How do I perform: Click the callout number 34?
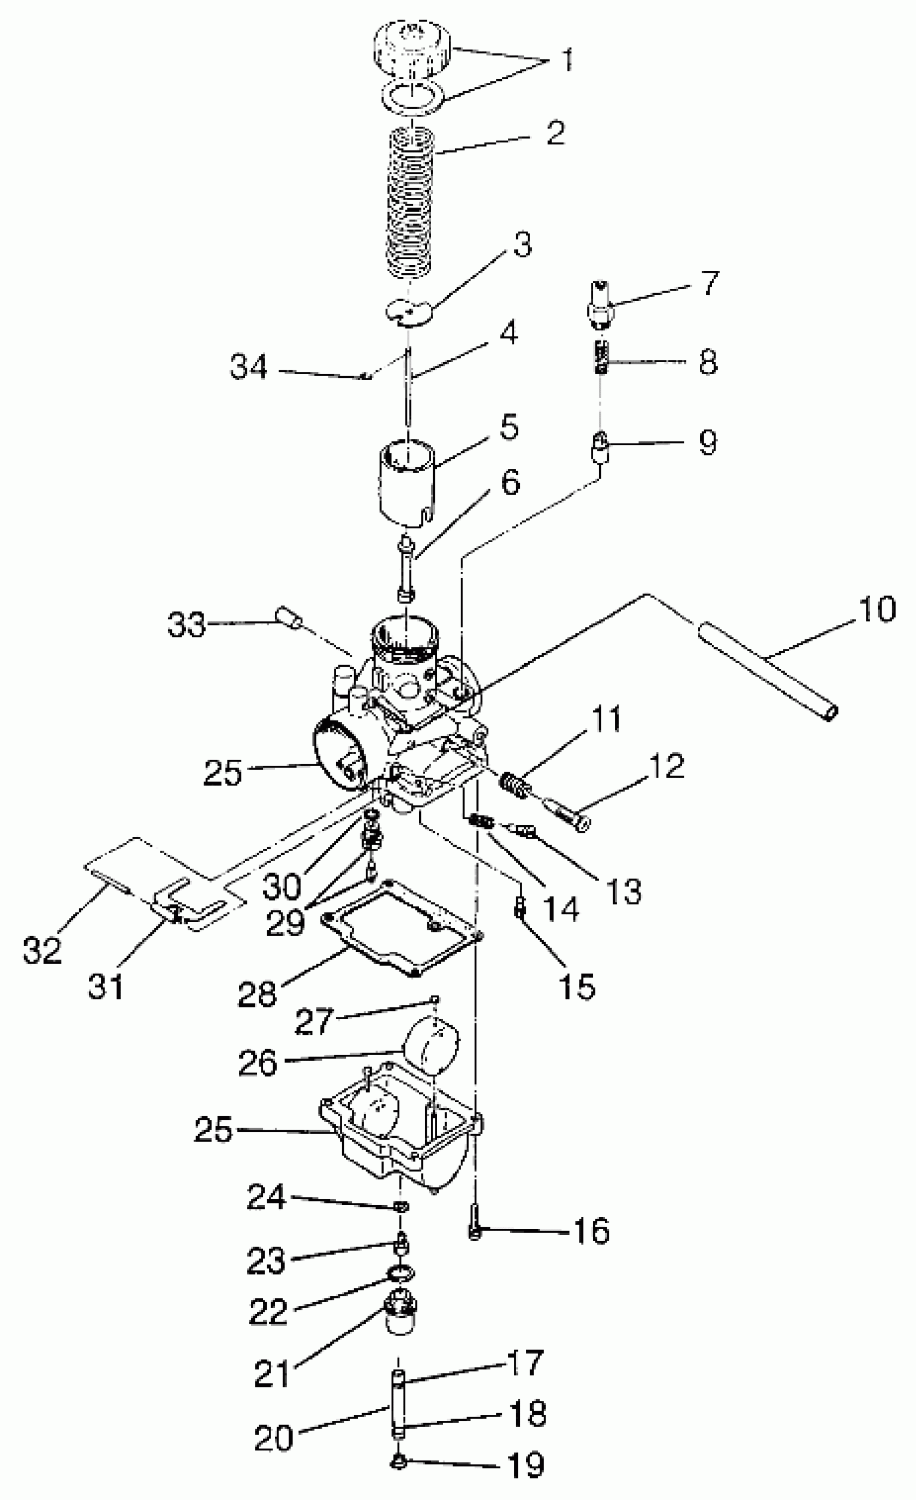coord(248,368)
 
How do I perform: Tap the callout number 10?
coord(877,609)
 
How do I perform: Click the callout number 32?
coord(42,949)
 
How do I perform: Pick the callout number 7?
coord(710,283)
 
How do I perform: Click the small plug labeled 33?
coord(290,619)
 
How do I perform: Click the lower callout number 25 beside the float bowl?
coord(213,1129)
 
